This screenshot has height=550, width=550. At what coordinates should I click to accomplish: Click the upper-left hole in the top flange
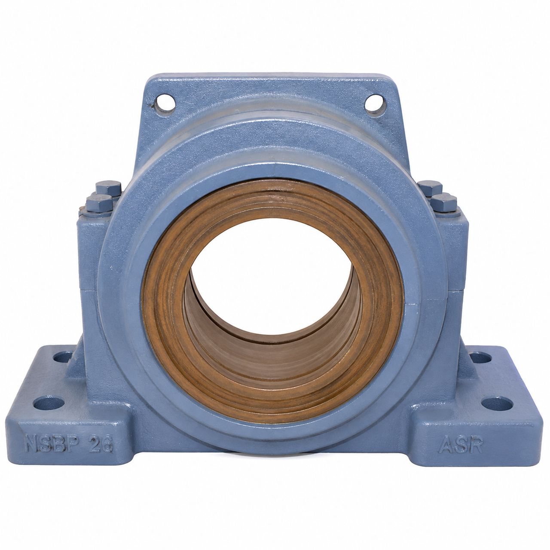pyautogui.click(x=165, y=102)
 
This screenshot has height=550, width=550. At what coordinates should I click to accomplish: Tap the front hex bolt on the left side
pyautogui.click(x=99, y=203)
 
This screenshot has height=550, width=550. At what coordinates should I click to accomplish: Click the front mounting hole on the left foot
pyautogui.click(x=49, y=403)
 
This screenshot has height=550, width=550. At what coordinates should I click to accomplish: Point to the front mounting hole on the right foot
pyautogui.click(x=497, y=403)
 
